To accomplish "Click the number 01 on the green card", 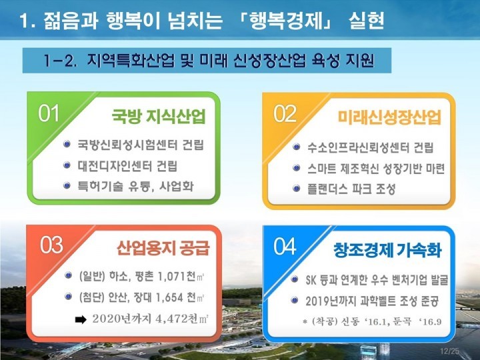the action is (x=49, y=113).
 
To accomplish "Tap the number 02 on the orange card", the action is (x=285, y=114).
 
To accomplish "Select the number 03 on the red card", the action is (x=51, y=245).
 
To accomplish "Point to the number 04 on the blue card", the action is (x=285, y=247).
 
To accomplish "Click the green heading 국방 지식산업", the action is (x=158, y=116).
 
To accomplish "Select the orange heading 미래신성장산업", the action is (x=389, y=117).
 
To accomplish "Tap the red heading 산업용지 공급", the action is (x=163, y=248).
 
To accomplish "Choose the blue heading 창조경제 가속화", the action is (x=387, y=250).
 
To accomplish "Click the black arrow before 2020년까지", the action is (x=81, y=319).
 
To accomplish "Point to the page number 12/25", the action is (x=450, y=351).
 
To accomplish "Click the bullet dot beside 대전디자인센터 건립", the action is (x=67, y=165).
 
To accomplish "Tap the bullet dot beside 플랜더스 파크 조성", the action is (x=296, y=188).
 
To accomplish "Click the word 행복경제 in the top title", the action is (x=285, y=21).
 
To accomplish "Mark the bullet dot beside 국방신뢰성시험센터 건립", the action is (x=67, y=143).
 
